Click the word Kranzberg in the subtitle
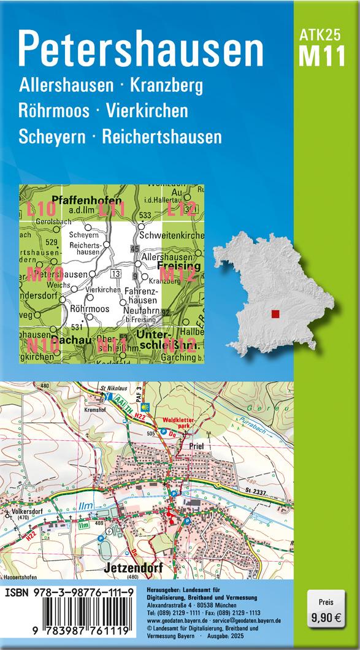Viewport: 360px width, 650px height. pos(164,85)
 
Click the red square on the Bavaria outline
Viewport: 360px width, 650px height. pos(275,314)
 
